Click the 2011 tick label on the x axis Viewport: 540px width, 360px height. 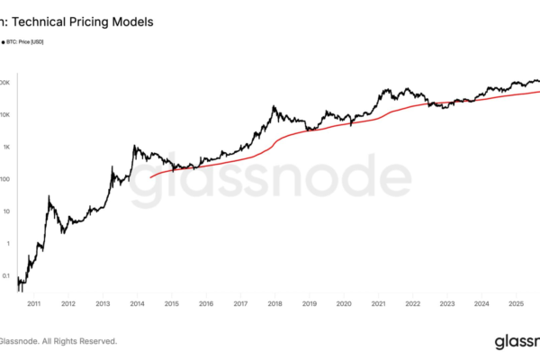click(33, 305)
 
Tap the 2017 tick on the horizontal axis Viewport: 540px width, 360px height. click(240, 305)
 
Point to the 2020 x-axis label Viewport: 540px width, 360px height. click(343, 305)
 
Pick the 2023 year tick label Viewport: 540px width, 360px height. click(446, 305)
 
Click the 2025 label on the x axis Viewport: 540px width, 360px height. click(516, 305)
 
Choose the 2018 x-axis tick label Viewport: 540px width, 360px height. click(274, 305)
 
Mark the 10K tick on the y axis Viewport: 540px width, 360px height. click(5, 114)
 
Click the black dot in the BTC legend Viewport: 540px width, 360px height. click(4, 41)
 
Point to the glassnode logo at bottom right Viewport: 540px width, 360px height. click(517, 341)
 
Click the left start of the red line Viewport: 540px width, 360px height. click(149, 177)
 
